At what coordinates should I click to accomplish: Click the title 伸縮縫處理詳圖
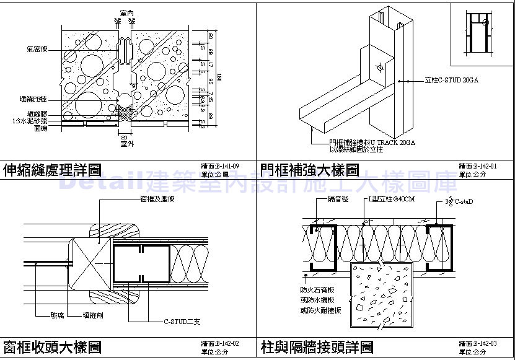[52, 170]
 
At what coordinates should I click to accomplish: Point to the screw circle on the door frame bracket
[377, 67]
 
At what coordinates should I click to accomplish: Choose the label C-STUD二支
[180, 322]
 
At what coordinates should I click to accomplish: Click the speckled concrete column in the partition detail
[382, 294]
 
